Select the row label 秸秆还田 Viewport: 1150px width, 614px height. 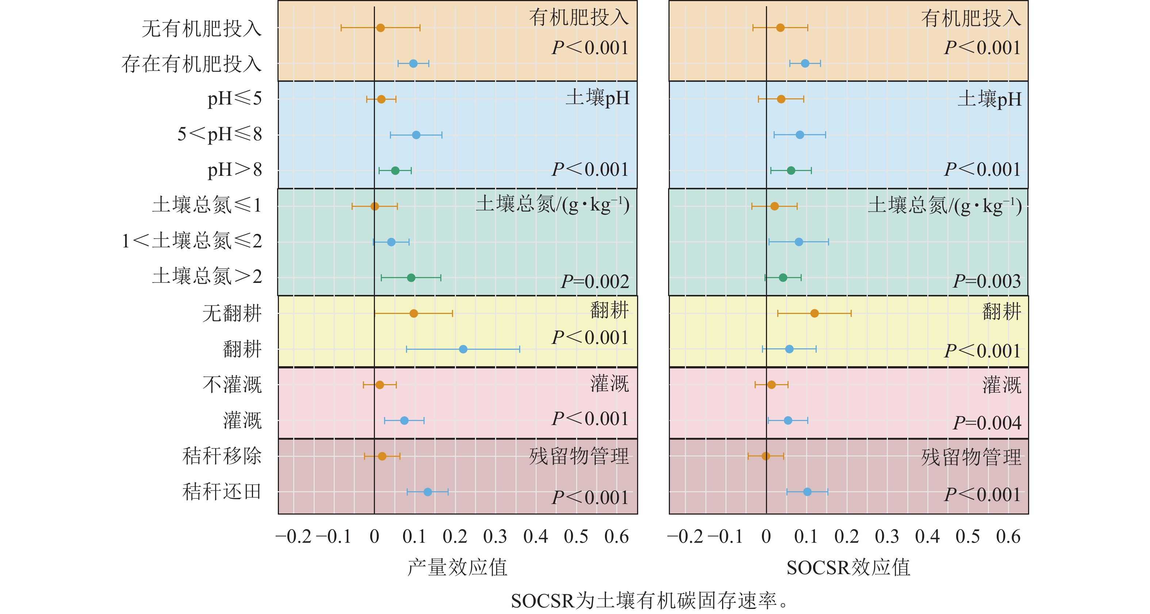(222, 492)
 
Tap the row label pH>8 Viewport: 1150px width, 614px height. (234, 170)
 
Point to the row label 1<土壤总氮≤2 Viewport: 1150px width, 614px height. (192, 241)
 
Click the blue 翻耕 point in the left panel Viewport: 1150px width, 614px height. (463, 349)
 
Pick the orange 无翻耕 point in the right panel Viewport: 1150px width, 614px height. (814, 313)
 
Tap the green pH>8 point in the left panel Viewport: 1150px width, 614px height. (395, 170)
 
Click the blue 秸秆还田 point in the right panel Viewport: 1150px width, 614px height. (807, 492)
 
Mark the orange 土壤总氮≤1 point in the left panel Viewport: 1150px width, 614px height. (375, 206)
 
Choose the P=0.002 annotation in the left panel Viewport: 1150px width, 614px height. (595, 281)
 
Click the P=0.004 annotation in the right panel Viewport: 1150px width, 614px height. (986, 423)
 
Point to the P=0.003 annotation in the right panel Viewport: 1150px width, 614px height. (986, 281)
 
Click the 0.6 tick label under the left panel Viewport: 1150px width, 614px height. (617, 537)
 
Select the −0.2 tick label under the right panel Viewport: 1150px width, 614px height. (685, 537)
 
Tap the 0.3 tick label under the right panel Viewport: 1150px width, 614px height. (887, 537)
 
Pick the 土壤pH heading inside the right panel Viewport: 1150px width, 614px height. (989, 99)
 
